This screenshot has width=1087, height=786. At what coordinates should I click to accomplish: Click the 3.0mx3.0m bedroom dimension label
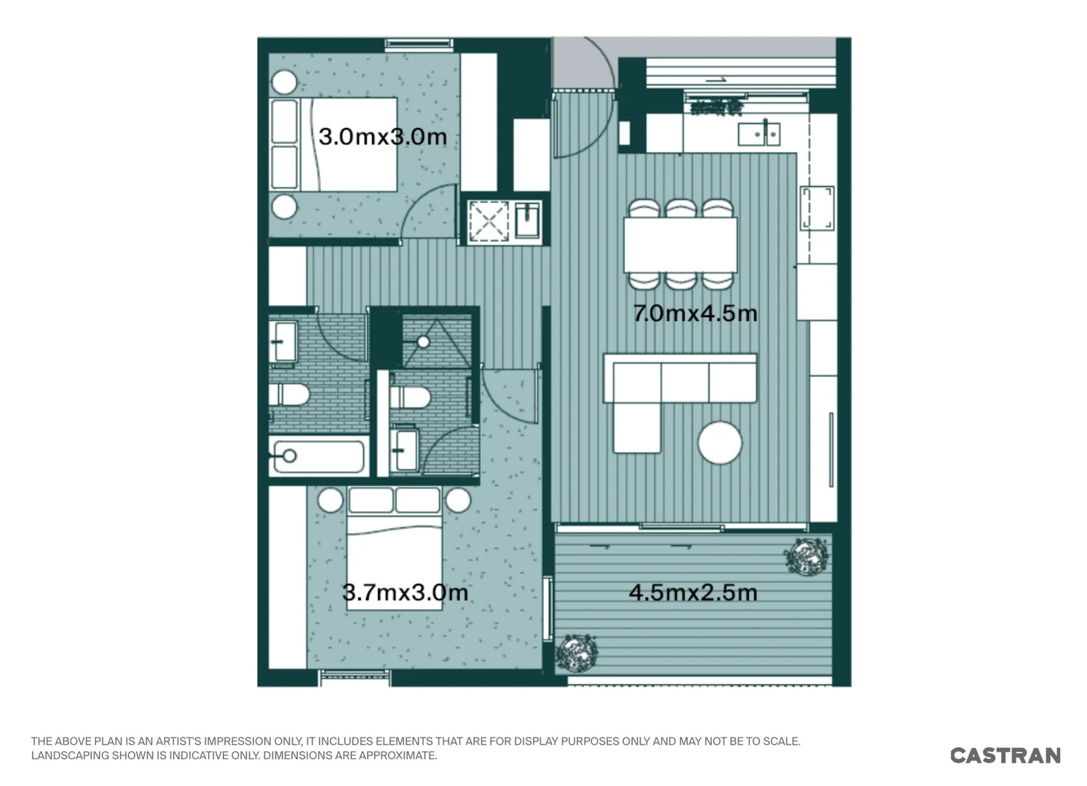(x=382, y=136)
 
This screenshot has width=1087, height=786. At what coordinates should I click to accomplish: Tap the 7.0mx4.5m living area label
(x=695, y=314)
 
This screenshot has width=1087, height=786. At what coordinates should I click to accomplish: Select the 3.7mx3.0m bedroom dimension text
(x=405, y=592)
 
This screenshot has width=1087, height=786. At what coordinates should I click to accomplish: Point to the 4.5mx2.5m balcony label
(x=692, y=592)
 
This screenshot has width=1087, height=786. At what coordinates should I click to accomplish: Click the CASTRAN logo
(x=1005, y=755)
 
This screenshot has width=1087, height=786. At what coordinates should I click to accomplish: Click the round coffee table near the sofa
(x=719, y=443)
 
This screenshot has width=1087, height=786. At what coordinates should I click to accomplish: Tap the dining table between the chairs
(x=680, y=245)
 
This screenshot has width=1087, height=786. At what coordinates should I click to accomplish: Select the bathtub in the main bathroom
(x=317, y=457)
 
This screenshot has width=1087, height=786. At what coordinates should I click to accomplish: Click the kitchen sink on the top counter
(x=759, y=134)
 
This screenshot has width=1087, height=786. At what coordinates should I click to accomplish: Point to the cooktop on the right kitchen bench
(x=817, y=208)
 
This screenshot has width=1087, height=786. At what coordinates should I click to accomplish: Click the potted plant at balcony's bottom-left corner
(x=577, y=652)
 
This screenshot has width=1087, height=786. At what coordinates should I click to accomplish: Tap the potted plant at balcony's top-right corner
(x=806, y=557)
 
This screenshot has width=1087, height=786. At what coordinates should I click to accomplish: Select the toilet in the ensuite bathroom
(x=409, y=397)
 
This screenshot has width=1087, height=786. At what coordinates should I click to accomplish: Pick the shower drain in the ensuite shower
(x=424, y=341)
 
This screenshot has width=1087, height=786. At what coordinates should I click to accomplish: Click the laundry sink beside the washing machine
(x=528, y=220)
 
